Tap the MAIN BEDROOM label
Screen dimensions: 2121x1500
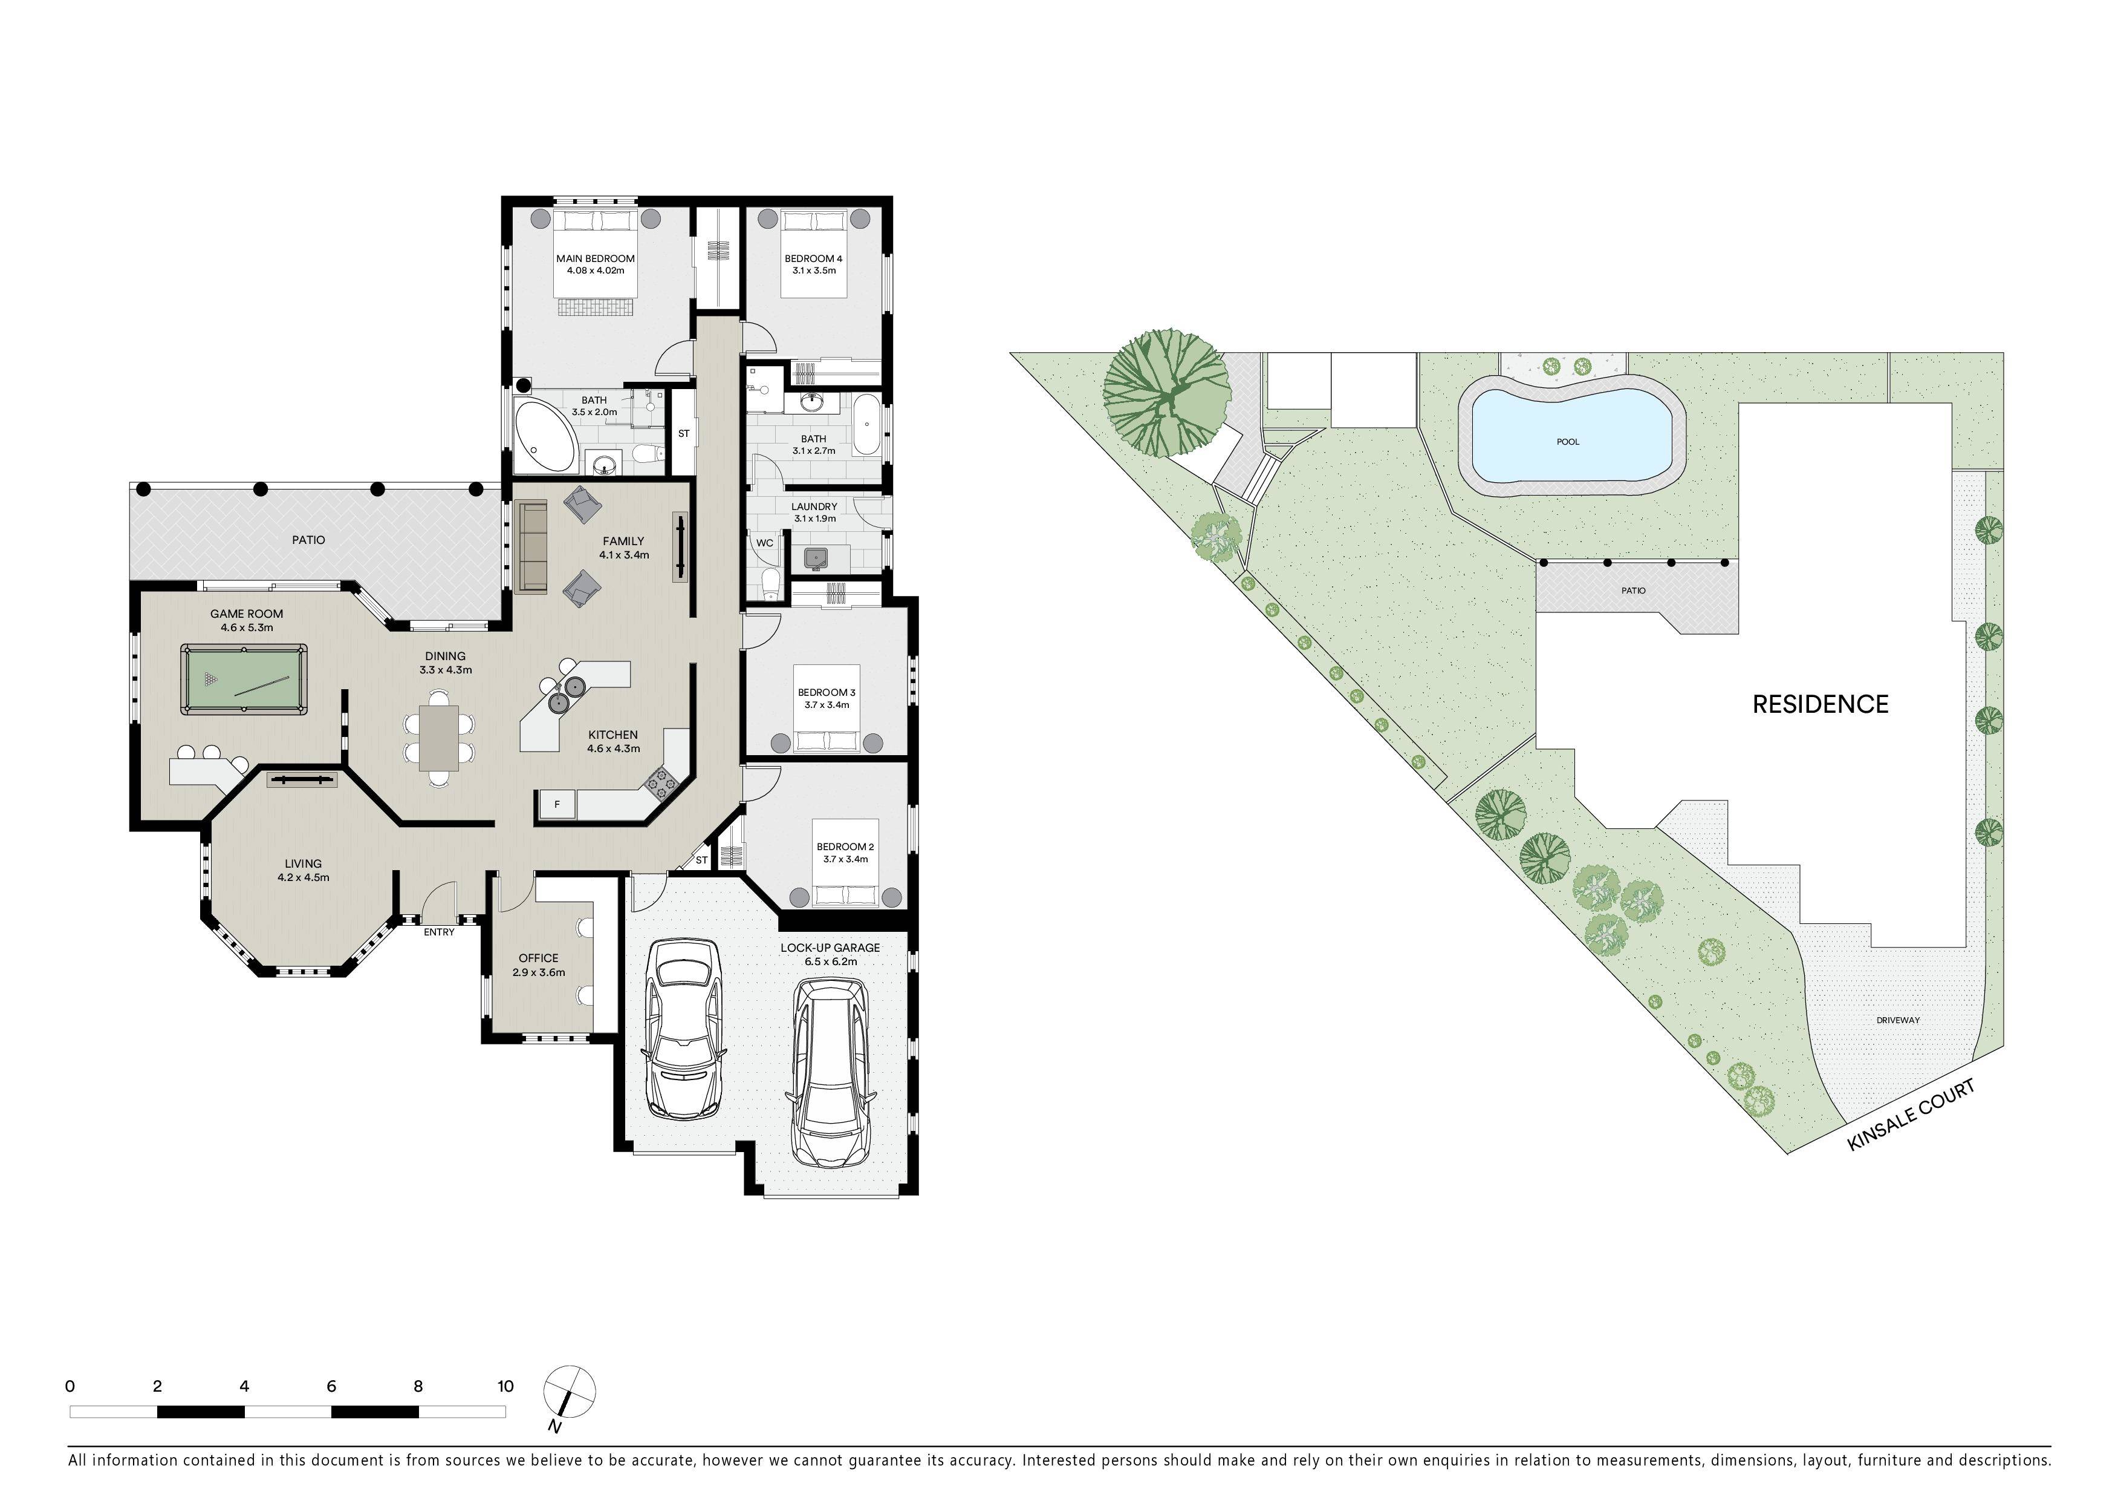click(x=596, y=259)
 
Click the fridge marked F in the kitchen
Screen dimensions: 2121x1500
click(x=557, y=804)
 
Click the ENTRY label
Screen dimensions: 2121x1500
click(x=439, y=932)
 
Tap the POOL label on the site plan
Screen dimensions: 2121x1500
click(x=1568, y=442)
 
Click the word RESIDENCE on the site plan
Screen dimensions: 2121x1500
click(x=1820, y=704)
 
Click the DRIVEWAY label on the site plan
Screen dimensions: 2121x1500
click(x=1899, y=1020)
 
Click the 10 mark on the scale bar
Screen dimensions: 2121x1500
click(x=505, y=1386)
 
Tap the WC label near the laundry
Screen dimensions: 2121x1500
click(x=765, y=543)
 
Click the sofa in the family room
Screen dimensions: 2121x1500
click(x=533, y=546)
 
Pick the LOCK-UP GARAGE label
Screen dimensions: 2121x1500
click(x=830, y=948)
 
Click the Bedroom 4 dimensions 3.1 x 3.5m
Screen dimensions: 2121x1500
click(x=814, y=271)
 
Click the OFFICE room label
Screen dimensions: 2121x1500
click(x=539, y=958)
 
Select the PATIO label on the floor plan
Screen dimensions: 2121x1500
click(x=308, y=540)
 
